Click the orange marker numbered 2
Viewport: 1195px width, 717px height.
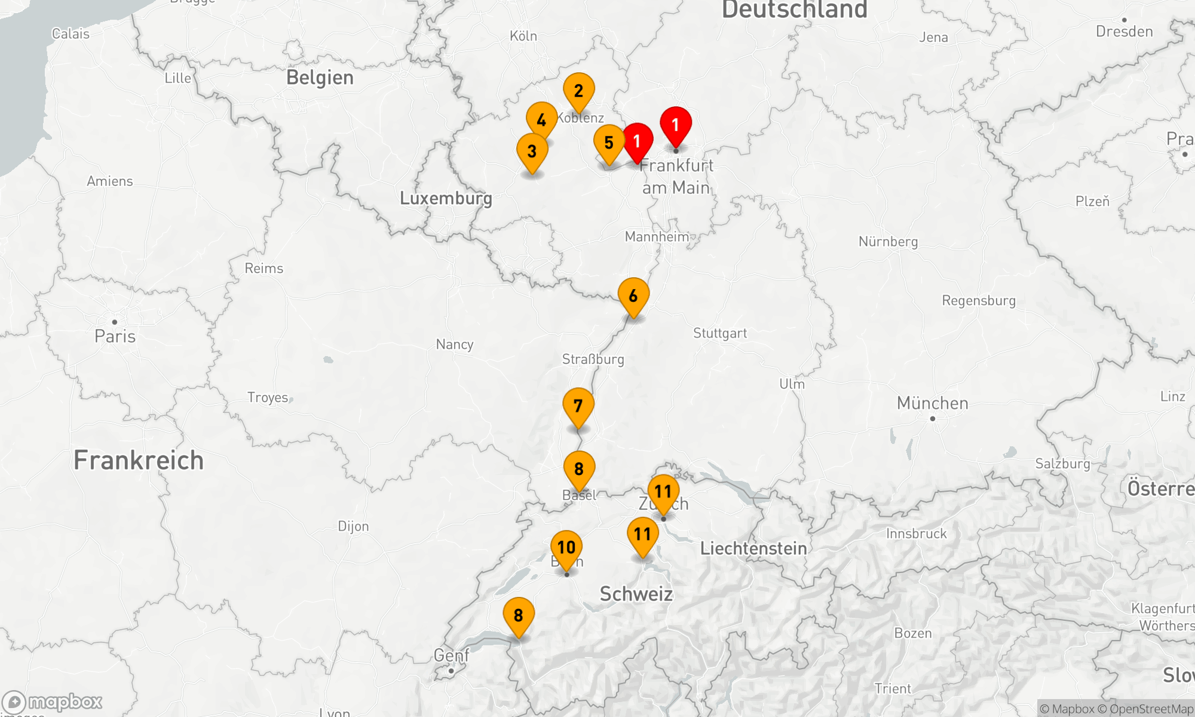click(x=578, y=91)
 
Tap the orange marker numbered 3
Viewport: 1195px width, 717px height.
click(x=532, y=151)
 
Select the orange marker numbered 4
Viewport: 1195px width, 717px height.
click(x=541, y=120)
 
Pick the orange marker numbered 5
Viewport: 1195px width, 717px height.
click(x=609, y=143)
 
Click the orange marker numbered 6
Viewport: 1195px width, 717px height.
click(x=633, y=296)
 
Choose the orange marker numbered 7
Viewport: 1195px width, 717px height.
click(x=578, y=406)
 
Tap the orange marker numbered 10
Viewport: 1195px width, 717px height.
click(x=566, y=547)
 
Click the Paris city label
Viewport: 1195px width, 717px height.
click(x=115, y=336)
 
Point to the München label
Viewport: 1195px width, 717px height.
click(x=932, y=403)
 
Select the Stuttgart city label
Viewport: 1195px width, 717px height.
click(x=720, y=333)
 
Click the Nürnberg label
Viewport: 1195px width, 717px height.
click(x=888, y=241)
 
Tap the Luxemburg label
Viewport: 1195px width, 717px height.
click(x=446, y=198)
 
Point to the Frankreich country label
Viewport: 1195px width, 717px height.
click(x=139, y=461)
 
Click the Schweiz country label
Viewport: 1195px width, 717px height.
click(x=636, y=594)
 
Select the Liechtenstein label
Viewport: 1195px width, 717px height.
click(x=753, y=549)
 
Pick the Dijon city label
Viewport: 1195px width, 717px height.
click(x=353, y=526)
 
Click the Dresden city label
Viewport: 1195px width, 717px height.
click(x=1124, y=32)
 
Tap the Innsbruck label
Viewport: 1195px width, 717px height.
click(x=916, y=534)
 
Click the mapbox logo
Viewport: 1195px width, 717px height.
click(x=53, y=702)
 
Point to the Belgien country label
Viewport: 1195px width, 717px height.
click(x=320, y=78)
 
